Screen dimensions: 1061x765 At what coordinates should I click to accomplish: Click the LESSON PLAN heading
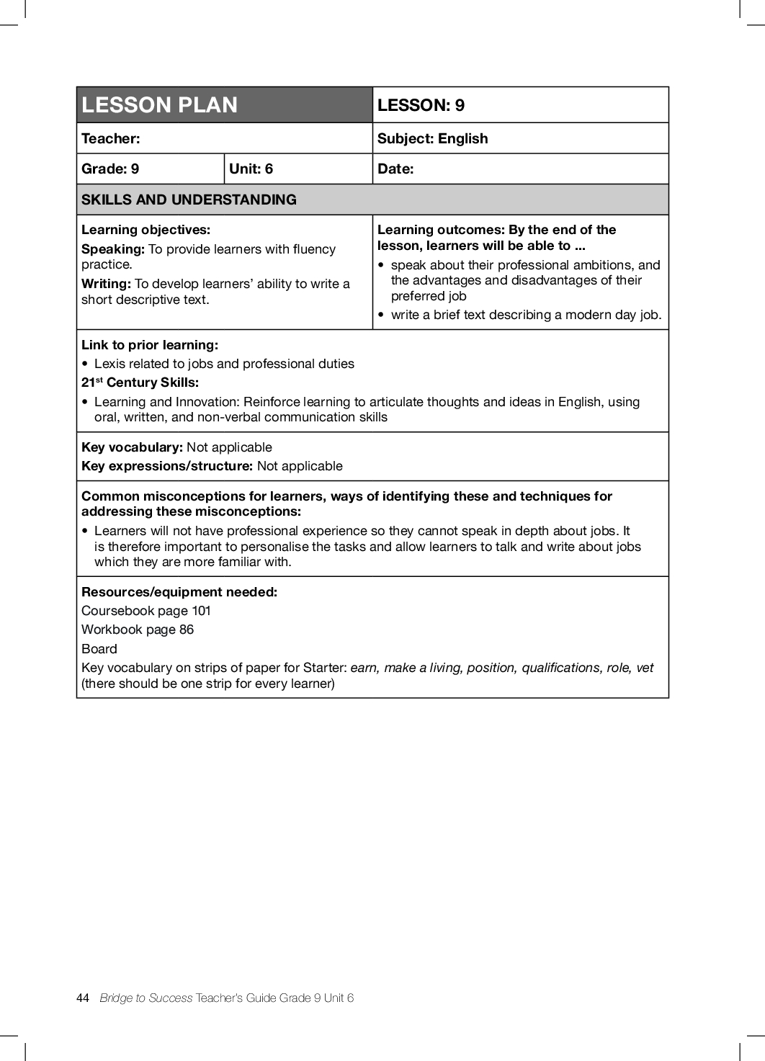pyautogui.click(x=159, y=105)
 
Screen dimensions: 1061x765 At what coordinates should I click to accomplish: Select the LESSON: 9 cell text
pyautogui.click(x=421, y=105)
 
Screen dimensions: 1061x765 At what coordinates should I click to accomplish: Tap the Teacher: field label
pyautogui.click(x=111, y=138)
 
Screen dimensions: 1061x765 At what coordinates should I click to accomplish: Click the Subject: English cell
pyautogui.click(x=432, y=138)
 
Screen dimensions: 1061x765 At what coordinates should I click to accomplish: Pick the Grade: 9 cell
pyautogui.click(x=110, y=169)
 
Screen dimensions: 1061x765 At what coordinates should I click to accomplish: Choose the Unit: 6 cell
pyautogui.click(x=251, y=169)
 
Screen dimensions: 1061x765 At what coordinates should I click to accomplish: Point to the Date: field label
pyautogui.click(x=395, y=169)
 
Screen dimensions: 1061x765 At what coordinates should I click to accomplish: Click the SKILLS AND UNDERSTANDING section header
pyautogui.click(x=189, y=200)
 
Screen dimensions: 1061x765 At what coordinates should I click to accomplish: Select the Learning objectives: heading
pyautogui.click(x=146, y=230)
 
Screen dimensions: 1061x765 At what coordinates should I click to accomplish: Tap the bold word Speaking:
pyautogui.click(x=113, y=249)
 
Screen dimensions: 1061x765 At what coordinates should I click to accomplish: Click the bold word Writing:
pyautogui.click(x=106, y=284)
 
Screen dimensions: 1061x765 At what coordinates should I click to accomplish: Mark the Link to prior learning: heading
pyautogui.click(x=150, y=345)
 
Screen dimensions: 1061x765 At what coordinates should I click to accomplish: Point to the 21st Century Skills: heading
pyautogui.click(x=140, y=382)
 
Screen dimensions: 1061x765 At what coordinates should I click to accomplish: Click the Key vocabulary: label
pyautogui.click(x=132, y=447)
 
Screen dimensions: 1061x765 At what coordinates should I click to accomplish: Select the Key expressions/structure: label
pyautogui.click(x=167, y=466)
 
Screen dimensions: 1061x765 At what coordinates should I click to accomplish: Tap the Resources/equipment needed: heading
pyautogui.click(x=179, y=592)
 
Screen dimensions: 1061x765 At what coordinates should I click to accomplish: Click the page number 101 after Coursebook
pyautogui.click(x=201, y=611)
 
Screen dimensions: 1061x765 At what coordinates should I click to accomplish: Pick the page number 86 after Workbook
pyautogui.click(x=187, y=630)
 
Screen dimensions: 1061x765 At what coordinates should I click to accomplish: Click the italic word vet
pyautogui.click(x=645, y=668)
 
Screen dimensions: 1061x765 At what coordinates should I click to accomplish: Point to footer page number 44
pyautogui.click(x=83, y=998)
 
